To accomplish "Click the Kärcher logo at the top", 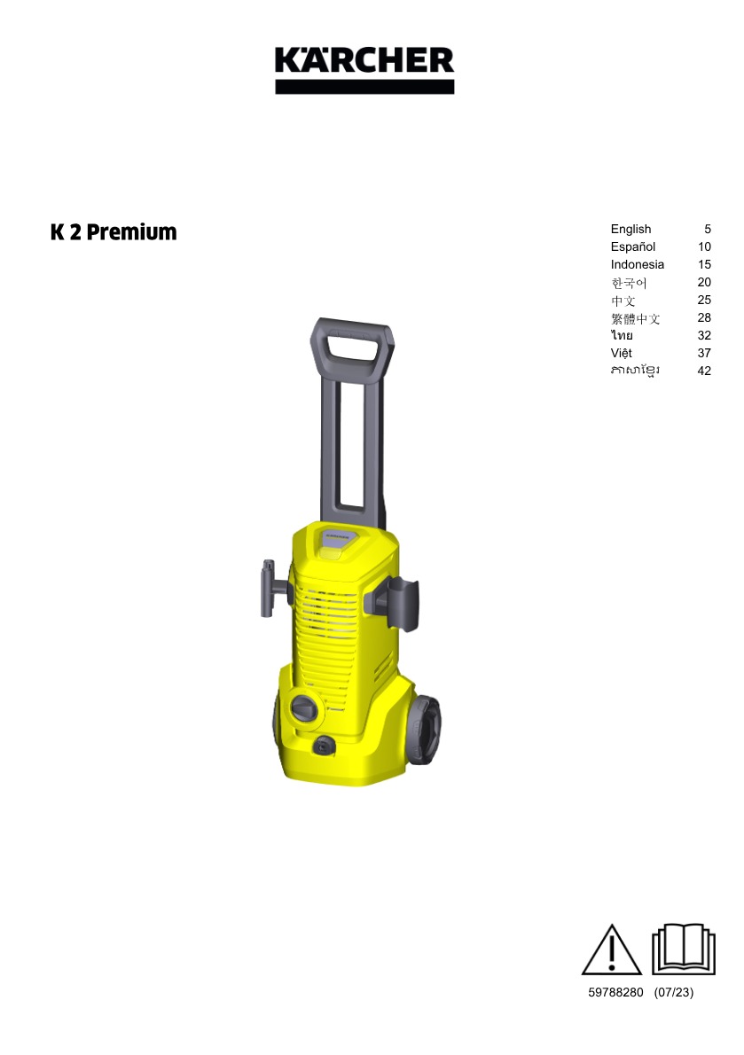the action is click(x=364, y=69).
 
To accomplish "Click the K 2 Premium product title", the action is click(x=114, y=232).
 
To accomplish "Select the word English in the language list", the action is click(x=630, y=230).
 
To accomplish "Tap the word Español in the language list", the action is click(x=632, y=247).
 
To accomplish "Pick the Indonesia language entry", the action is click(x=637, y=264).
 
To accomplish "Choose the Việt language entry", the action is click(x=621, y=353).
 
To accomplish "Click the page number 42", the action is click(x=703, y=371).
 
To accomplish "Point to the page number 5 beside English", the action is click(x=707, y=230).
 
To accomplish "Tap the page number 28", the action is click(x=703, y=317).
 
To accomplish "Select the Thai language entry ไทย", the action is click(x=622, y=335).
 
